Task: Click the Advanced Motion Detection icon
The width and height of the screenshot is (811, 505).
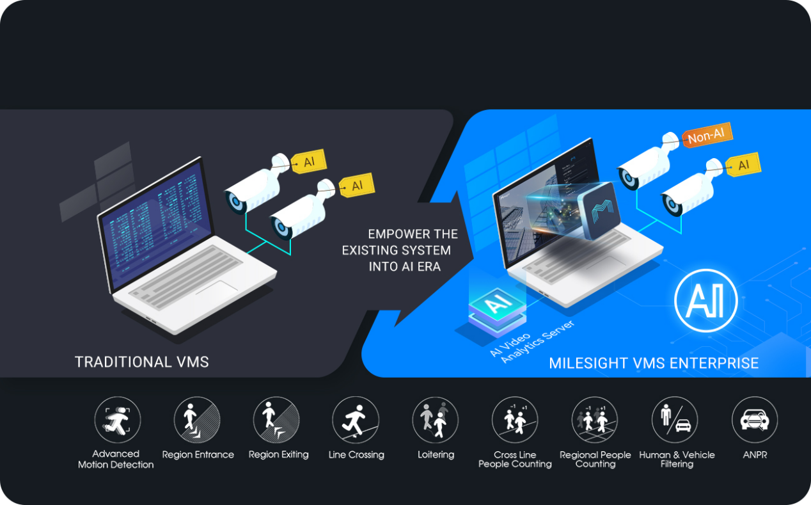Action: pos(117,420)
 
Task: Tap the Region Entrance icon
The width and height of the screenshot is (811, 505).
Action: pos(197,420)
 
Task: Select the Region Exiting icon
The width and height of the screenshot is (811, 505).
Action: pos(276,420)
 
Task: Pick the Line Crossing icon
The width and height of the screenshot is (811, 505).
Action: pos(356,420)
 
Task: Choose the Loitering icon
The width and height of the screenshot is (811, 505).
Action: pos(436,420)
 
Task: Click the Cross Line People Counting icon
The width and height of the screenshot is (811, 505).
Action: pos(515,420)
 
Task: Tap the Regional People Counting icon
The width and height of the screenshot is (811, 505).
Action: pos(595,420)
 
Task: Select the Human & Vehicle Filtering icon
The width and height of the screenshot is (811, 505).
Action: pos(675,420)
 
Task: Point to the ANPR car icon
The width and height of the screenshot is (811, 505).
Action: pos(755,420)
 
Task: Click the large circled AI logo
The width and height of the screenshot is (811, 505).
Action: pos(706,300)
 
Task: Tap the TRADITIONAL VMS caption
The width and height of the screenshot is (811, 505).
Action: pos(142,362)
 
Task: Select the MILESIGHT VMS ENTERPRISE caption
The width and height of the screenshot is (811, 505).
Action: pos(654,364)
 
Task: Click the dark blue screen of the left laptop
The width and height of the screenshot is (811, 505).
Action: pos(157,223)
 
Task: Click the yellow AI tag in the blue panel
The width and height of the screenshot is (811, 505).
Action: pos(742,166)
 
